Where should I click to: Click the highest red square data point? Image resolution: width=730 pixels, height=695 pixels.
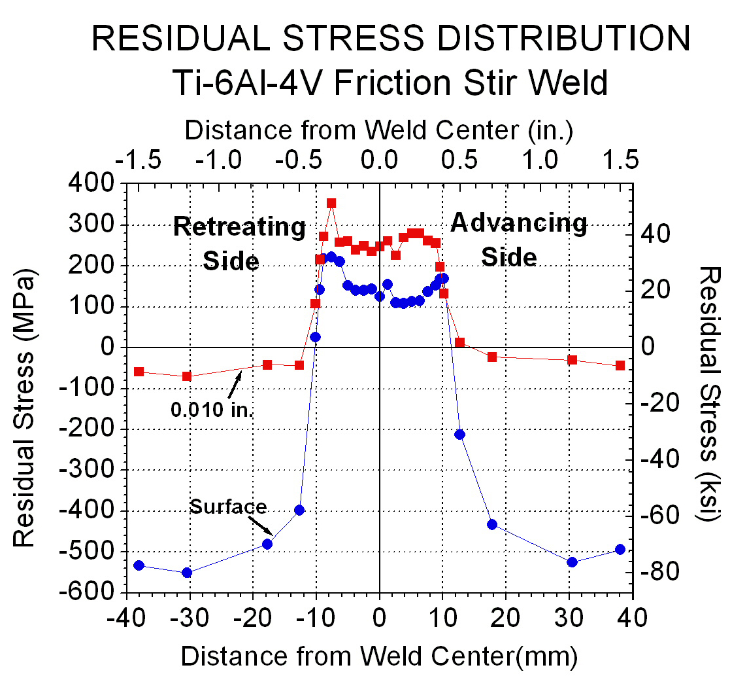(x=331, y=204)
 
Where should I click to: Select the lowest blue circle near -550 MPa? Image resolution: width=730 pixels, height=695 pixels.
(x=187, y=573)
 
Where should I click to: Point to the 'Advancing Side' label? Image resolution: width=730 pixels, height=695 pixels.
(x=518, y=240)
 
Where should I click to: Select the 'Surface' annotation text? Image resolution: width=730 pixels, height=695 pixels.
(x=228, y=507)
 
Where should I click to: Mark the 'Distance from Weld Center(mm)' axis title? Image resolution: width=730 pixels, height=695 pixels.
(x=379, y=656)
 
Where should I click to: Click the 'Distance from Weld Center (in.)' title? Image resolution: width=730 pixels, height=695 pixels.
(x=379, y=130)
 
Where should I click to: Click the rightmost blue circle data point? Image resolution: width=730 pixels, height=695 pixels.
(x=620, y=550)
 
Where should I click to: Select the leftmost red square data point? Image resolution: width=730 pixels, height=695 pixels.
(x=139, y=372)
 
